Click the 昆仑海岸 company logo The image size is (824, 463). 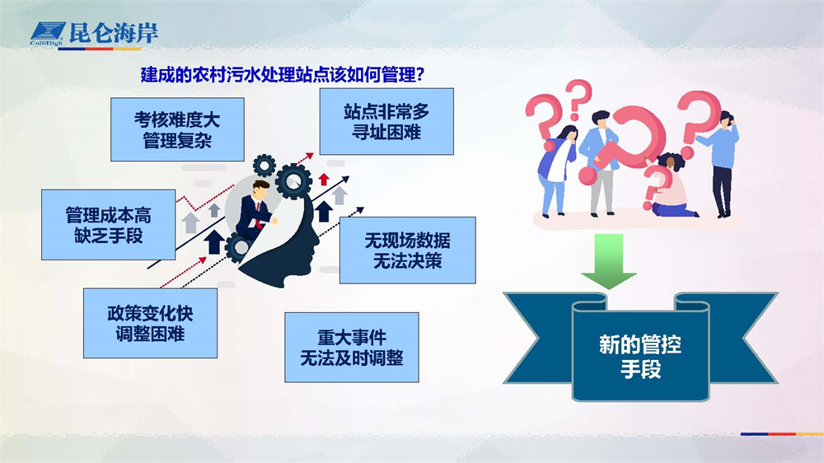(94, 34)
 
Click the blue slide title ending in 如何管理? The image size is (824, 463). (282, 75)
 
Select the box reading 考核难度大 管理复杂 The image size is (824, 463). (177, 129)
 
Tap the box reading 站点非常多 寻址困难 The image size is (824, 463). (386, 121)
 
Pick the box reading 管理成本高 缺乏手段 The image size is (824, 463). (108, 225)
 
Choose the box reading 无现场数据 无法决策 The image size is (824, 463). (407, 250)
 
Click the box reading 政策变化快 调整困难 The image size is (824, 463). (150, 323)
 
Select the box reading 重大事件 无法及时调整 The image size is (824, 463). (352, 348)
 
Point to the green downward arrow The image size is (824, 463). (609, 260)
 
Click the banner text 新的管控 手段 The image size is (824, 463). (640, 357)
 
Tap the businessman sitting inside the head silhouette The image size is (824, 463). (255, 210)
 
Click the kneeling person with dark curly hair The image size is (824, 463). (671, 185)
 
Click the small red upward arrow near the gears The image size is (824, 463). (324, 180)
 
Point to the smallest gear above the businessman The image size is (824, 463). (265, 166)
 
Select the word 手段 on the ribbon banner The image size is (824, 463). (640, 369)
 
